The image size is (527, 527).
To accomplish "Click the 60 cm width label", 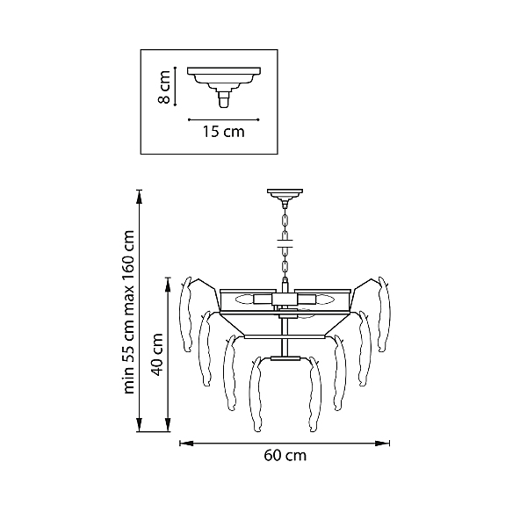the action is tap(285, 456).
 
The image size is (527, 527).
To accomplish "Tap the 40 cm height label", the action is tap(156, 355).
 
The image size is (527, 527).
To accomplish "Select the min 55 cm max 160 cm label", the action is tap(129, 312).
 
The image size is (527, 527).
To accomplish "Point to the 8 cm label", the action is tap(164, 87).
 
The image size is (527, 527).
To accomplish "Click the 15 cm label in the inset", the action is tap(223, 132).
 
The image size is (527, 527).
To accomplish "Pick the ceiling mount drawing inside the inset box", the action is tap(224, 87).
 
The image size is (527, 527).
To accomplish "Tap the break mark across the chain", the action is tap(285, 243).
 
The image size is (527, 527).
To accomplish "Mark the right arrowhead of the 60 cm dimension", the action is tap(382, 444).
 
